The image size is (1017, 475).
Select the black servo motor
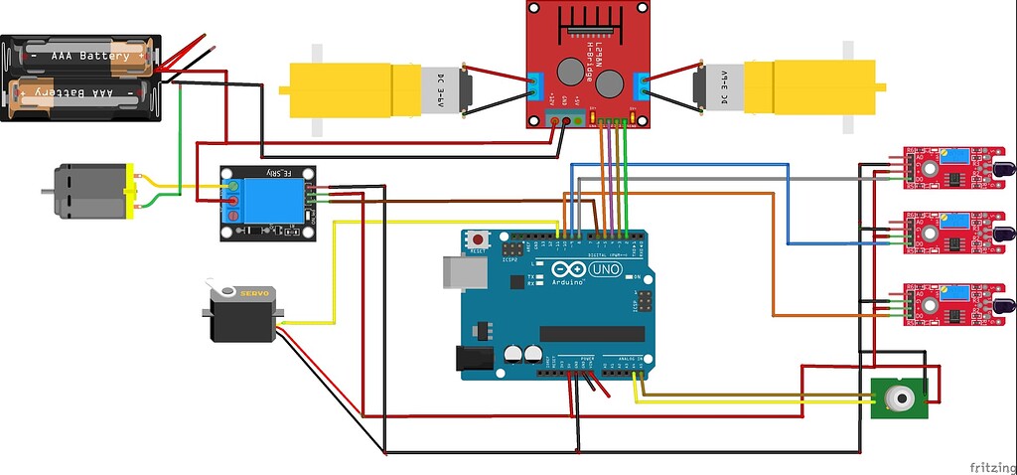[243, 313]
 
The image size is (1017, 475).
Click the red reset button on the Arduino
[480, 240]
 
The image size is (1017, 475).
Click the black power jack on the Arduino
[474, 360]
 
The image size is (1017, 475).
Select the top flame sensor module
[944, 167]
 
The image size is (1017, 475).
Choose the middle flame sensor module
[944, 233]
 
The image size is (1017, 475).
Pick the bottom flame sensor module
[944, 304]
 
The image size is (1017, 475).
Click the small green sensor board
[898, 399]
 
